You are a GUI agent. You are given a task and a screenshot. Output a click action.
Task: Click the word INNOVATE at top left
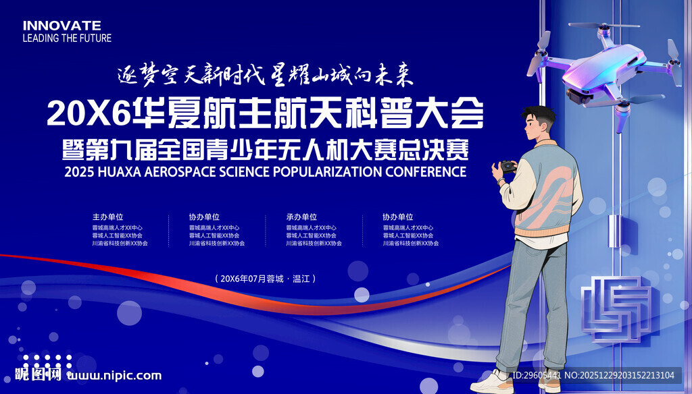(x=61, y=25)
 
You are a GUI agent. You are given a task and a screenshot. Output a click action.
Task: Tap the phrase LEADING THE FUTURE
(x=67, y=38)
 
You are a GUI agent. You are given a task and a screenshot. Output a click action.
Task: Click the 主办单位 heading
(x=108, y=217)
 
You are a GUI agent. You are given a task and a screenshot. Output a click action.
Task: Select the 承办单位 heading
(x=301, y=217)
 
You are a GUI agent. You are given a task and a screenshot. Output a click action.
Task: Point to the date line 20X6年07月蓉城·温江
(x=265, y=278)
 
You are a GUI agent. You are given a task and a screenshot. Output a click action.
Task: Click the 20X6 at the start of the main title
(x=76, y=114)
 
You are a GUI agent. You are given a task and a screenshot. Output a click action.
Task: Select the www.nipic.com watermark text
(x=116, y=376)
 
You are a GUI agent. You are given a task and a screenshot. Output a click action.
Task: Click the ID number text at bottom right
(x=536, y=375)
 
